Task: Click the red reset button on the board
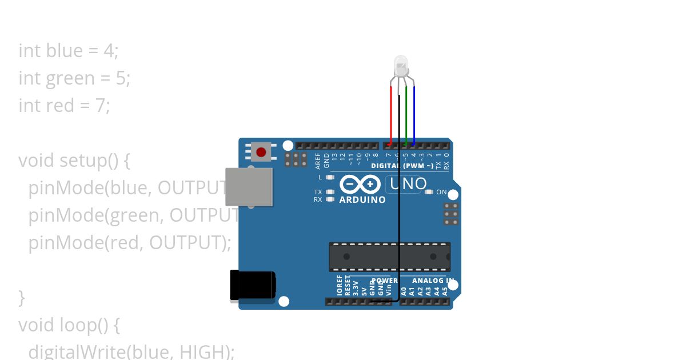[261, 152]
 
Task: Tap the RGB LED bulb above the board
[401, 65]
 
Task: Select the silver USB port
[249, 187]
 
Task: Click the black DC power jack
[252, 285]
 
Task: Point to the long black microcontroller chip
[389, 257]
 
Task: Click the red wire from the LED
[391, 114]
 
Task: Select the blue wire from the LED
[414, 114]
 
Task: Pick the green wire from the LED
[406, 114]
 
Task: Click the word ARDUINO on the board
[362, 200]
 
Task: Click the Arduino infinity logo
[360, 184]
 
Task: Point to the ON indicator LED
[429, 192]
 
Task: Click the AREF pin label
[318, 161]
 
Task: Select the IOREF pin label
[340, 285]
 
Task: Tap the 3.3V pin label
[356, 287]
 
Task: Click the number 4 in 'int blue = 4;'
[109, 51]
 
